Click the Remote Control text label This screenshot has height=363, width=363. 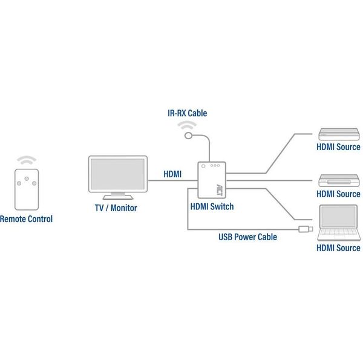[26, 219]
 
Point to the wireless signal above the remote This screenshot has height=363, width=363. [26, 160]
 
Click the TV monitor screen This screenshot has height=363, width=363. [117, 174]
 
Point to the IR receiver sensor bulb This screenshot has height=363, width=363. [189, 136]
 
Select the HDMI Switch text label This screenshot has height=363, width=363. [212, 206]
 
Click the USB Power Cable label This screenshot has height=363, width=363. [247, 237]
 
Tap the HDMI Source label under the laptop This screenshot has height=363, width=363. [338, 248]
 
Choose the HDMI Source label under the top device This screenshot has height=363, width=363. [338, 147]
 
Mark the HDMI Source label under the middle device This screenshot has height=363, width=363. [338, 194]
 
